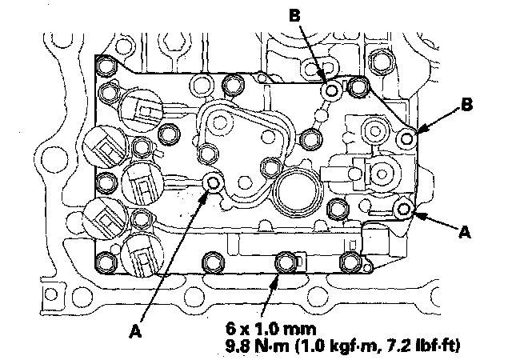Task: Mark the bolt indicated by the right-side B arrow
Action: coord(408,139)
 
